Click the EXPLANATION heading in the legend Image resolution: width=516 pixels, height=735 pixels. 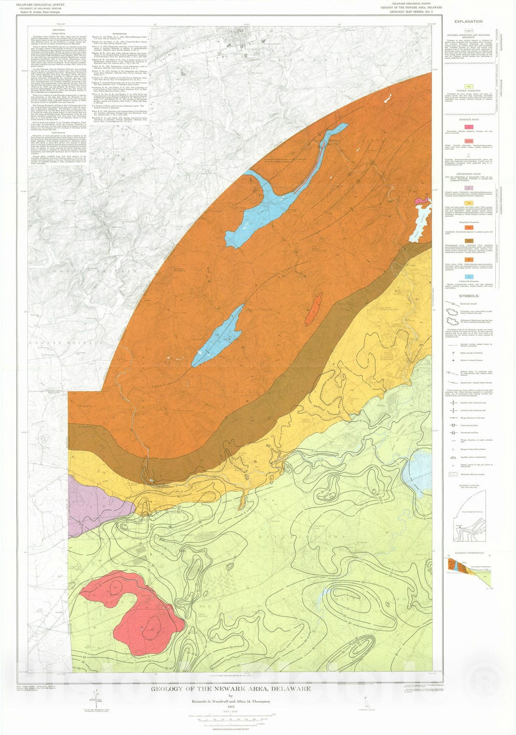[x=468, y=22]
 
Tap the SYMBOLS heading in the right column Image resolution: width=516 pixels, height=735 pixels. [x=469, y=296]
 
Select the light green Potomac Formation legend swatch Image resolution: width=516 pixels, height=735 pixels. [x=469, y=86]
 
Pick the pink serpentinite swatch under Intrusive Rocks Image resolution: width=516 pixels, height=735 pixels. [x=469, y=126]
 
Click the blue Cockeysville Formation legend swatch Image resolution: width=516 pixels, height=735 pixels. [x=469, y=277]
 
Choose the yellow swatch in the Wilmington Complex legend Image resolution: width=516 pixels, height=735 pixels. [x=469, y=203]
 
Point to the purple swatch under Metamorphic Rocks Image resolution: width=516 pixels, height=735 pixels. [x=469, y=188]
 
